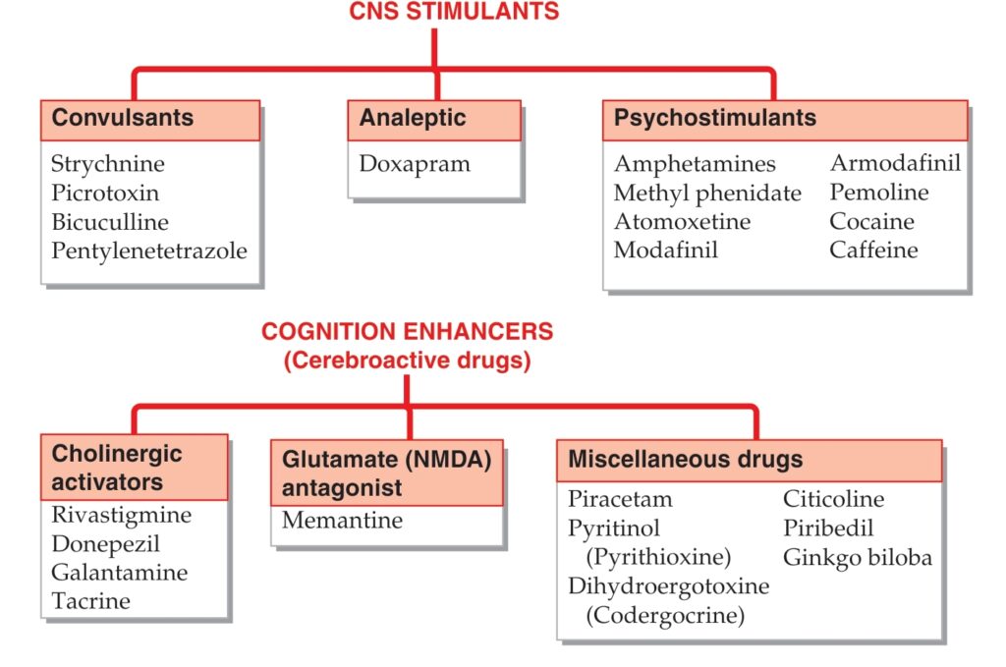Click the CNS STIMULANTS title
pos(454,11)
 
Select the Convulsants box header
pos(150,120)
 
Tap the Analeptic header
pos(434,120)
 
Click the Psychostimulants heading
pos(785,120)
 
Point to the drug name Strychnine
pos(108,163)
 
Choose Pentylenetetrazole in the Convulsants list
pos(149,250)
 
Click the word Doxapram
pos(415,163)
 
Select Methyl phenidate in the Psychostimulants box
pos(707,193)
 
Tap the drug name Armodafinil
pos(895,163)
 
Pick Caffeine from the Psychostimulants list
pos(873,250)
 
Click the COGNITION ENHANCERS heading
pos(408,332)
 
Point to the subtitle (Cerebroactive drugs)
pos(408,361)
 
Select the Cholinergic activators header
pos(134,468)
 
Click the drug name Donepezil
pos(105,544)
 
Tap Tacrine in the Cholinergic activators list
pos(90,601)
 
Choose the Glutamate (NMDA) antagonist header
pos(387,472)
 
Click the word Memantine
pos(342,520)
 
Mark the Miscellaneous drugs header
pos(750,461)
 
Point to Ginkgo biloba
pos(857,557)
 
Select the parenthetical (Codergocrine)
pos(665,615)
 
